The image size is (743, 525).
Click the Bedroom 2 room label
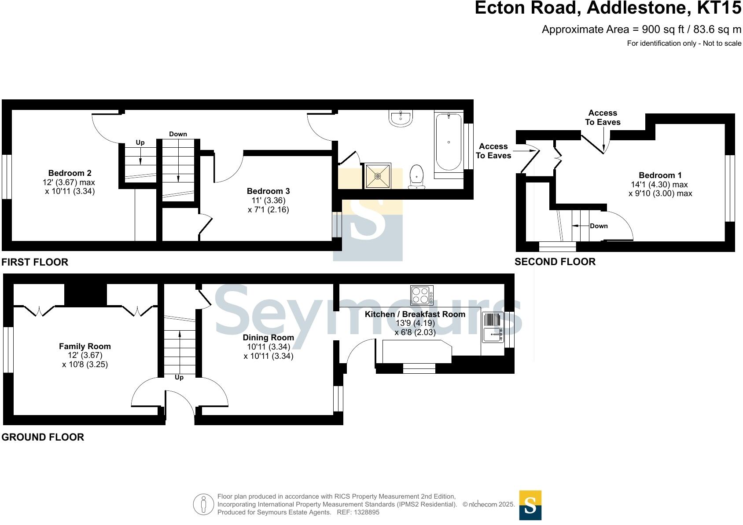click(x=70, y=173)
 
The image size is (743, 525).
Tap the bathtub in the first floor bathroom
click(x=449, y=142)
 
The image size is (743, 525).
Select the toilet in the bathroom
click(x=416, y=176)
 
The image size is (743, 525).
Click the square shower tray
click(x=378, y=176)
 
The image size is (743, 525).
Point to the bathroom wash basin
click(x=401, y=118)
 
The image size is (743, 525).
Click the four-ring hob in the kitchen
click(x=422, y=295)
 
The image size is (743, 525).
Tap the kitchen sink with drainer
click(x=493, y=335)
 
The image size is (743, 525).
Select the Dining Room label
click(x=269, y=338)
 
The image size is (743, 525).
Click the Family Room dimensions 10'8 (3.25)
click(x=85, y=365)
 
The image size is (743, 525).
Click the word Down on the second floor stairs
click(x=599, y=226)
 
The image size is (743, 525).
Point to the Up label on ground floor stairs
click(x=179, y=377)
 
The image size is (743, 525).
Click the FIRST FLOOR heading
click(x=35, y=262)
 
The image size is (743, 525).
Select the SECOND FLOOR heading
click(x=555, y=262)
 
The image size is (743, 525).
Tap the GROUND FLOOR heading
click(x=43, y=437)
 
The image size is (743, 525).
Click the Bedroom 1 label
click(x=660, y=175)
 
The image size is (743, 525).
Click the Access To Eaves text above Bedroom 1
click(x=603, y=117)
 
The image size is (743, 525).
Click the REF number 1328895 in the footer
click(x=364, y=512)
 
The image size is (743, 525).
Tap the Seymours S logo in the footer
click(x=530, y=505)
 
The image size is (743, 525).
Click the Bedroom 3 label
click(x=268, y=191)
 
